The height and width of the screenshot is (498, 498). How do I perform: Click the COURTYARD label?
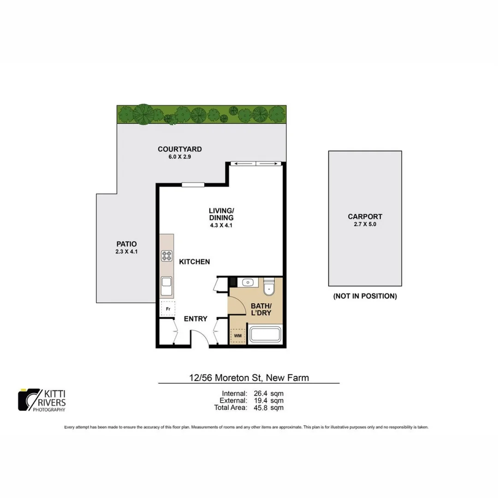[180, 149]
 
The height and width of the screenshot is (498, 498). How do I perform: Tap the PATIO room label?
[127, 244]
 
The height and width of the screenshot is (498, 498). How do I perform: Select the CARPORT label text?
[365, 216]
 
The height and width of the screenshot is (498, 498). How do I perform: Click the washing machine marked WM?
[238, 336]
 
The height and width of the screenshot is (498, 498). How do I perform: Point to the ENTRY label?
[196, 319]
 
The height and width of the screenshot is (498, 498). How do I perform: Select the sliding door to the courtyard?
[256, 163]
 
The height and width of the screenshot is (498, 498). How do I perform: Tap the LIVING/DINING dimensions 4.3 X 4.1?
[221, 225]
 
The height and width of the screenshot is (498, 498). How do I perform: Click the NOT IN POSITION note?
[365, 296]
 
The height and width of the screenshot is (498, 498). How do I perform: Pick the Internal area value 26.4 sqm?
[268, 393]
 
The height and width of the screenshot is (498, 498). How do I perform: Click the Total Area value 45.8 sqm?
[268, 408]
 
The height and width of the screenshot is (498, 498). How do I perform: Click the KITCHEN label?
[195, 261]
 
